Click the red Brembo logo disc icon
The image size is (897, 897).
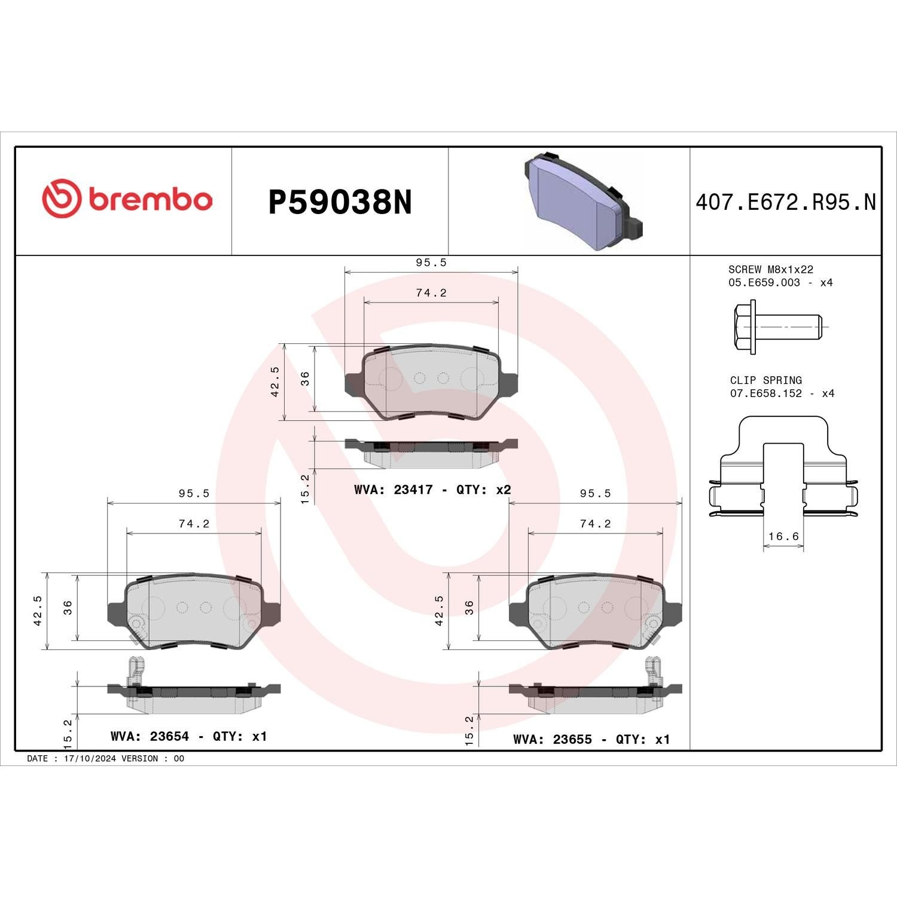(x=62, y=198)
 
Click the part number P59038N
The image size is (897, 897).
(x=340, y=203)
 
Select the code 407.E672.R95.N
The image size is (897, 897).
(x=785, y=203)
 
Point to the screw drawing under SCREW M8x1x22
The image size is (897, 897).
(x=777, y=328)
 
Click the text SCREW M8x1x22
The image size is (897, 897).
(x=770, y=270)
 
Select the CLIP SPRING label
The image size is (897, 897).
(x=765, y=380)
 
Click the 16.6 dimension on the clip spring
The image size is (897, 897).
(x=783, y=536)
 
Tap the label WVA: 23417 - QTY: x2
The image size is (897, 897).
(x=432, y=490)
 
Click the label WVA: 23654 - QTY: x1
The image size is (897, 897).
(x=188, y=736)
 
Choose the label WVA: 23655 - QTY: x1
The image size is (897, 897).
(x=591, y=739)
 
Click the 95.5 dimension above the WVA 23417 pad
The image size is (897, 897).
(x=431, y=263)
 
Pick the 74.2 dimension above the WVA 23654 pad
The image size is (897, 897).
(x=194, y=524)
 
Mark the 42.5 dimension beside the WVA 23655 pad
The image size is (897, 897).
(x=439, y=610)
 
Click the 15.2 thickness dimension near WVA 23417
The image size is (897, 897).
(x=305, y=489)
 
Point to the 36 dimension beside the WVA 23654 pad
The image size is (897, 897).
(x=68, y=607)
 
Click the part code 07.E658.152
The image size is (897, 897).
(x=765, y=393)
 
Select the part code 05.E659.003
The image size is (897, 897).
(x=764, y=283)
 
